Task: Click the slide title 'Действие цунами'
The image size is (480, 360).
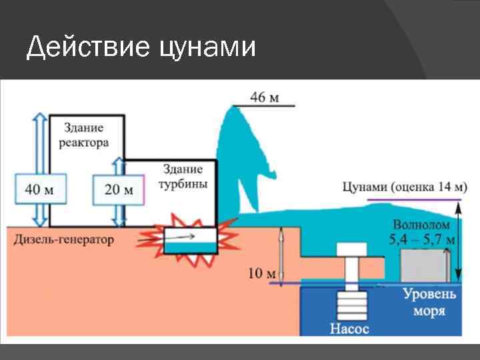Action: click(141, 48)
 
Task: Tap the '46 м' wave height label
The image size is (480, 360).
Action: click(265, 97)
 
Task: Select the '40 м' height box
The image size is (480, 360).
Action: click(40, 189)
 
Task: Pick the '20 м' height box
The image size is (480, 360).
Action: click(119, 190)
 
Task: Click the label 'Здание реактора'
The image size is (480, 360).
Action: click(83, 135)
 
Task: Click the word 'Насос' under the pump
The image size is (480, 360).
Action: click(348, 329)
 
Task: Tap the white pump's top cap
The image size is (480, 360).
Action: click(353, 251)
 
